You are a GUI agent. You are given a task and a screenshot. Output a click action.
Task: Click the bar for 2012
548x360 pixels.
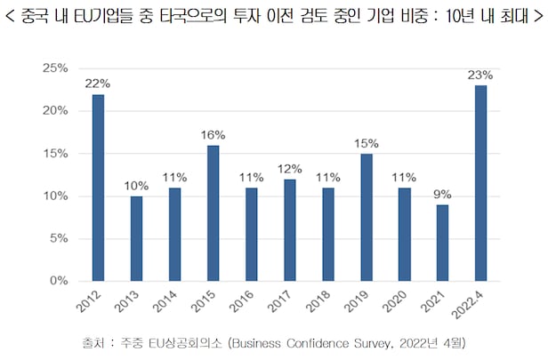[x=98, y=188]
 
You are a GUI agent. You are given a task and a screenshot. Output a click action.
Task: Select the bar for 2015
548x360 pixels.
[x=214, y=213]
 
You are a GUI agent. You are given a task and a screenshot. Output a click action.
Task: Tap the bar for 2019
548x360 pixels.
[x=367, y=217]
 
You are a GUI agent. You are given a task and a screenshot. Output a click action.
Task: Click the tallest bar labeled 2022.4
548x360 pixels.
[x=481, y=183]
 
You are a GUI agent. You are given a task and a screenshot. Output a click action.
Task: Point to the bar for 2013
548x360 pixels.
[x=136, y=238]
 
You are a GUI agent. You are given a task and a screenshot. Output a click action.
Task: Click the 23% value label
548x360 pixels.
[x=481, y=75]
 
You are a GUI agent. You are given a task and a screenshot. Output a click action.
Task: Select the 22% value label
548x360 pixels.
[x=98, y=84]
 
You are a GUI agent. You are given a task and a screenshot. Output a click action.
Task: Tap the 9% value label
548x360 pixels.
[x=443, y=194]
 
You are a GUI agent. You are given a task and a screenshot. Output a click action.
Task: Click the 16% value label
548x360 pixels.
[x=214, y=134]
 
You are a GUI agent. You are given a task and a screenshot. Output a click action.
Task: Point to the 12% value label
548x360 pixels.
[x=290, y=168]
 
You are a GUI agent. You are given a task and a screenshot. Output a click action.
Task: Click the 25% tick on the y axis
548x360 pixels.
[x=55, y=68]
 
